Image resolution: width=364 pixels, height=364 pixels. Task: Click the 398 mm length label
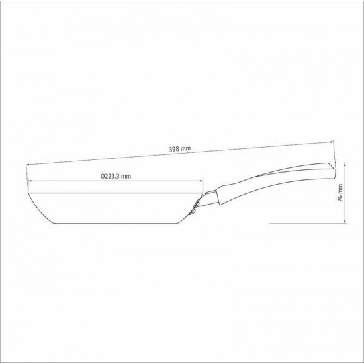click(180, 149)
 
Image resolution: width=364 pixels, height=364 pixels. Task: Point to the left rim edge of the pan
click(29, 193)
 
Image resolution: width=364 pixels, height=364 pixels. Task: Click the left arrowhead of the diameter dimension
click(30, 183)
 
